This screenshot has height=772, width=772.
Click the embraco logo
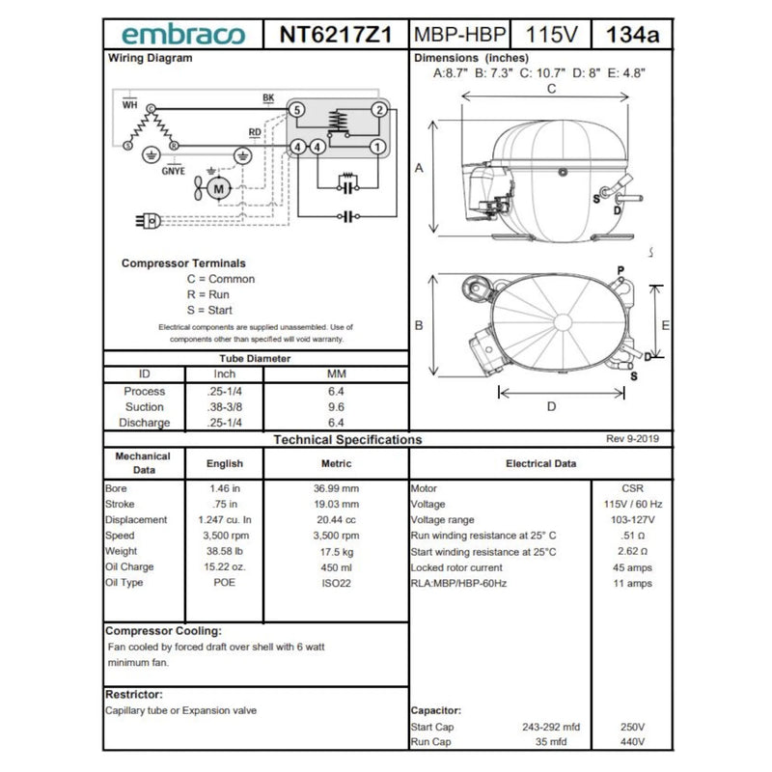(x=183, y=35)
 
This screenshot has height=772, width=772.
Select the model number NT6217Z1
(x=336, y=35)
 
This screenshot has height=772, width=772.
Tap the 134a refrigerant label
(x=632, y=35)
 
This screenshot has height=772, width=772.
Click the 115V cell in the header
(x=551, y=35)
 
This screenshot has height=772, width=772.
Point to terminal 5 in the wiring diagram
(x=297, y=110)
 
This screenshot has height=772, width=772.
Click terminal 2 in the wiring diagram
(x=379, y=110)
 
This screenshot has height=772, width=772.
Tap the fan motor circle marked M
(x=218, y=188)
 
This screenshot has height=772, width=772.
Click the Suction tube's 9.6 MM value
(x=336, y=407)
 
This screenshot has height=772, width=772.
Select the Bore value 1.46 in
(x=225, y=488)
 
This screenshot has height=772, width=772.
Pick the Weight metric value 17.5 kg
(x=336, y=551)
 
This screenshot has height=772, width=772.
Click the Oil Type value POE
(x=225, y=582)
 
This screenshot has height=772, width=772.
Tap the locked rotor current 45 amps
(x=633, y=566)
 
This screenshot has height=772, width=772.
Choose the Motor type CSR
(x=633, y=488)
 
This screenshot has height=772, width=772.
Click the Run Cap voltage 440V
(x=633, y=742)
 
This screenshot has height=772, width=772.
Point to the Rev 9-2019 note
(x=632, y=439)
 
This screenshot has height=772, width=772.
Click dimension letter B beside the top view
(x=419, y=325)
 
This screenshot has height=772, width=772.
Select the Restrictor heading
(x=133, y=694)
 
